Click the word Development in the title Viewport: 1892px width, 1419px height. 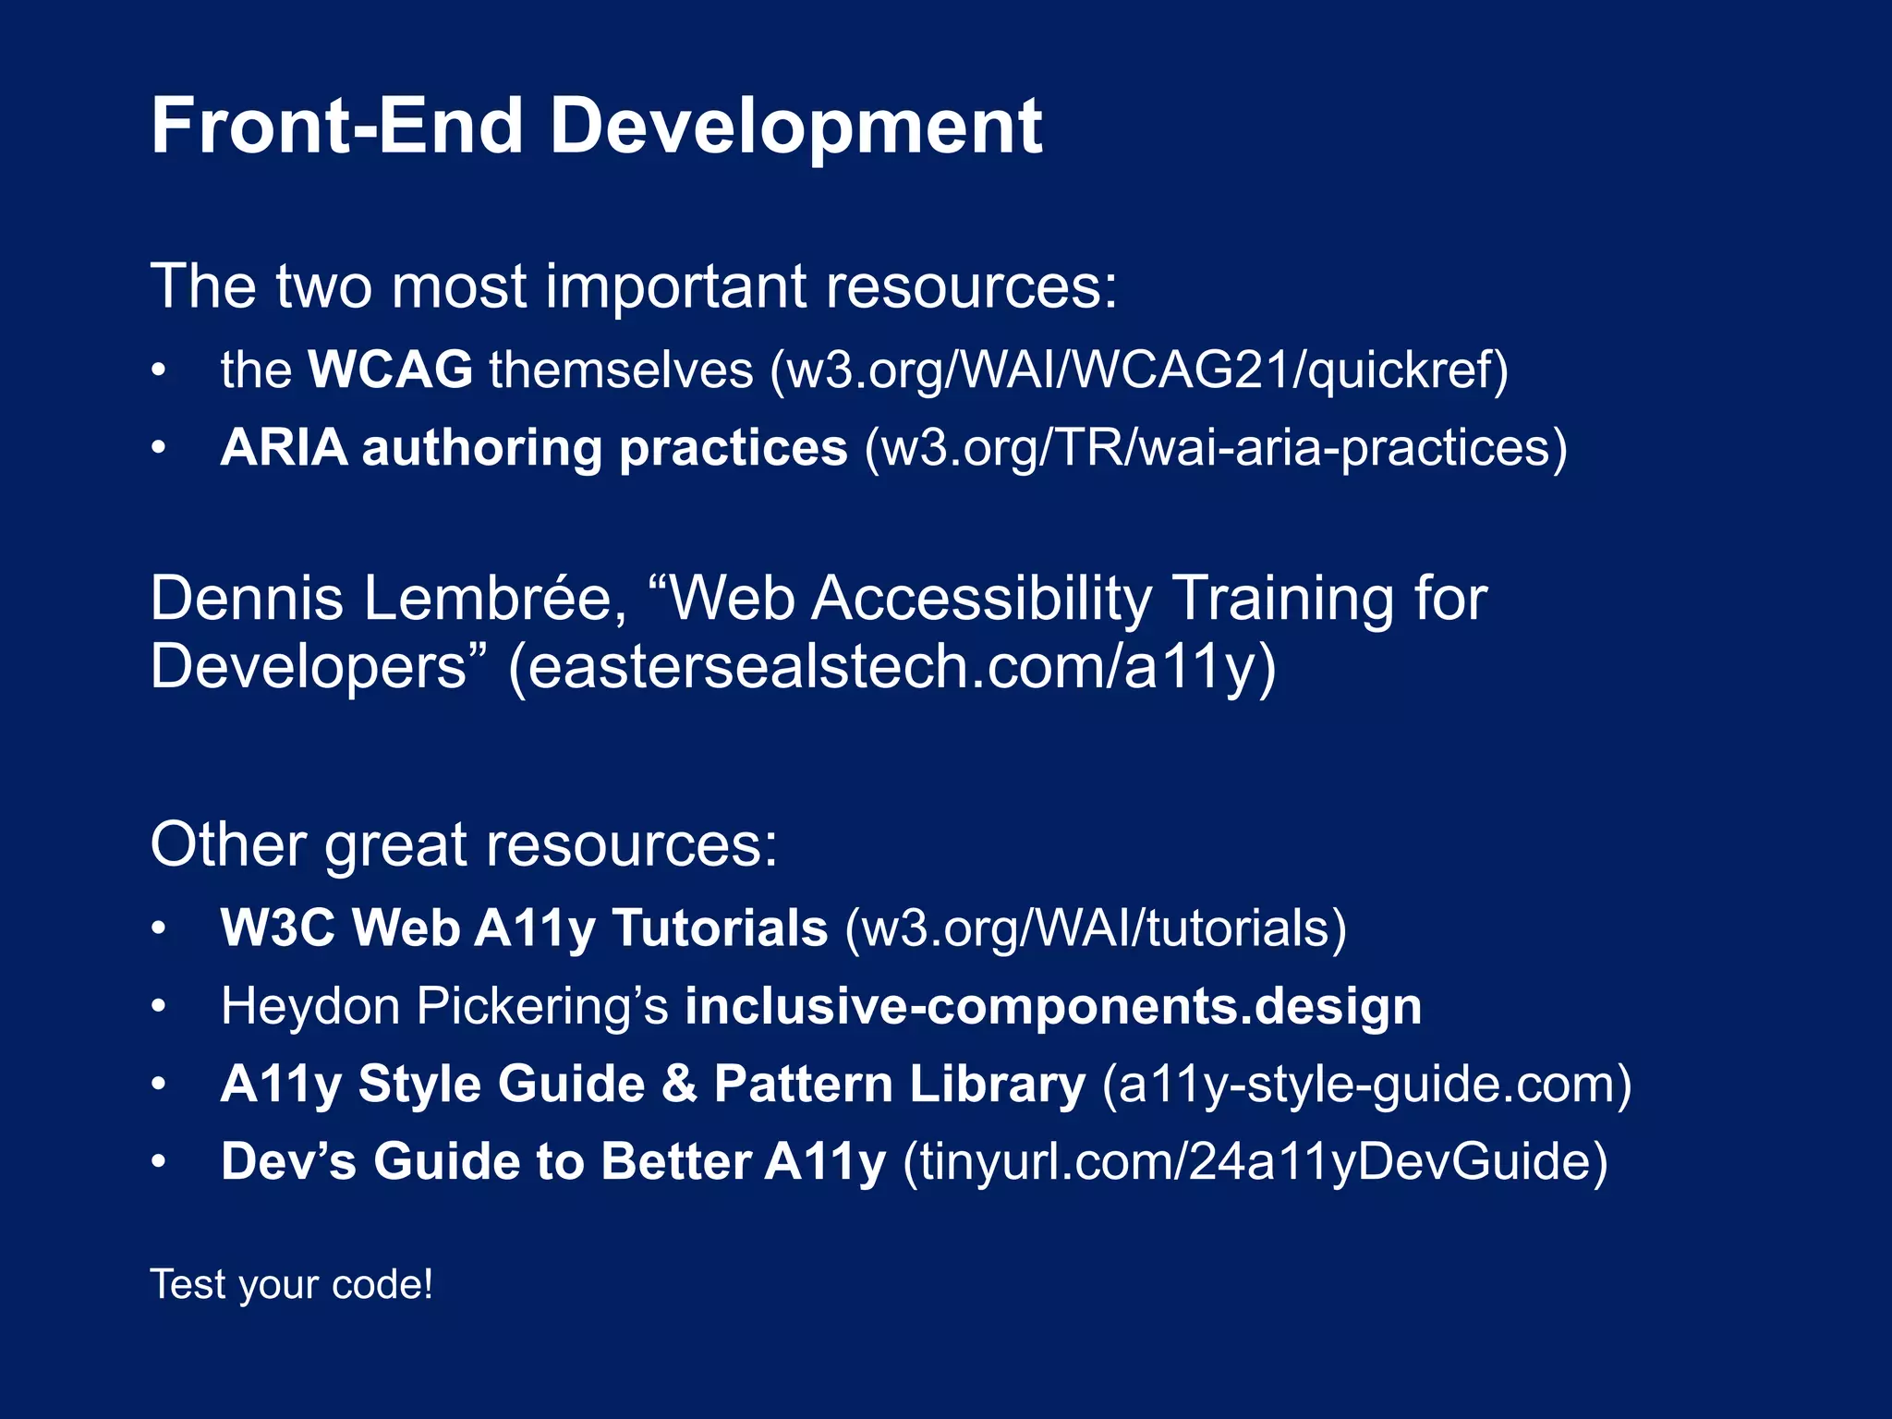pyautogui.click(x=795, y=127)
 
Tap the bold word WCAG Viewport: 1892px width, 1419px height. pyautogui.click(x=390, y=370)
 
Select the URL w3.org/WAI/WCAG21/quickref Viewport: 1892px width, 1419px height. pyautogui.click(x=1139, y=370)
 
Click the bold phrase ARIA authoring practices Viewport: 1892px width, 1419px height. pyautogui.click(x=533, y=449)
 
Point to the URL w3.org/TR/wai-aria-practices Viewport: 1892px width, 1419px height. pyautogui.click(x=1215, y=449)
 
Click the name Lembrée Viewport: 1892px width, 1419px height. pyautogui.click(x=495, y=599)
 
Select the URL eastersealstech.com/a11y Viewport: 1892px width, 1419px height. pyautogui.click(x=891, y=667)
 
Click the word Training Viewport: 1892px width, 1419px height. pyautogui.click(x=1282, y=599)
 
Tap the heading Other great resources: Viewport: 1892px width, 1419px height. pyautogui.click(x=464, y=844)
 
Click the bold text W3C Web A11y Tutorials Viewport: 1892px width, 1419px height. pyautogui.click(x=523, y=928)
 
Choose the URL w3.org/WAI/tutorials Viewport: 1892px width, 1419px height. pyautogui.click(x=1096, y=928)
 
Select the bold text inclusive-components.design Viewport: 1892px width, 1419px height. pyautogui.click(x=1053, y=1006)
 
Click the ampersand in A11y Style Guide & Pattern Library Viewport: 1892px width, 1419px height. pyautogui.click(x=679, y=1084)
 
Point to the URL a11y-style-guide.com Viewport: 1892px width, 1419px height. pyautogui.click(x=1366, y=1084)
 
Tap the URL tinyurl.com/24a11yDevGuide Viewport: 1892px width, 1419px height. pyautogui.click(x=1255, y=1162)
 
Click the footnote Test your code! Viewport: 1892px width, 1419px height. pyautogui.click(x=291, y=1285)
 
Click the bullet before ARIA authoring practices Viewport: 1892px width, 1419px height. pyautogui.click(x=159, y=449)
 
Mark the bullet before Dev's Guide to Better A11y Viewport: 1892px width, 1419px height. pyautogui.click(x=159, y=1162)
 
